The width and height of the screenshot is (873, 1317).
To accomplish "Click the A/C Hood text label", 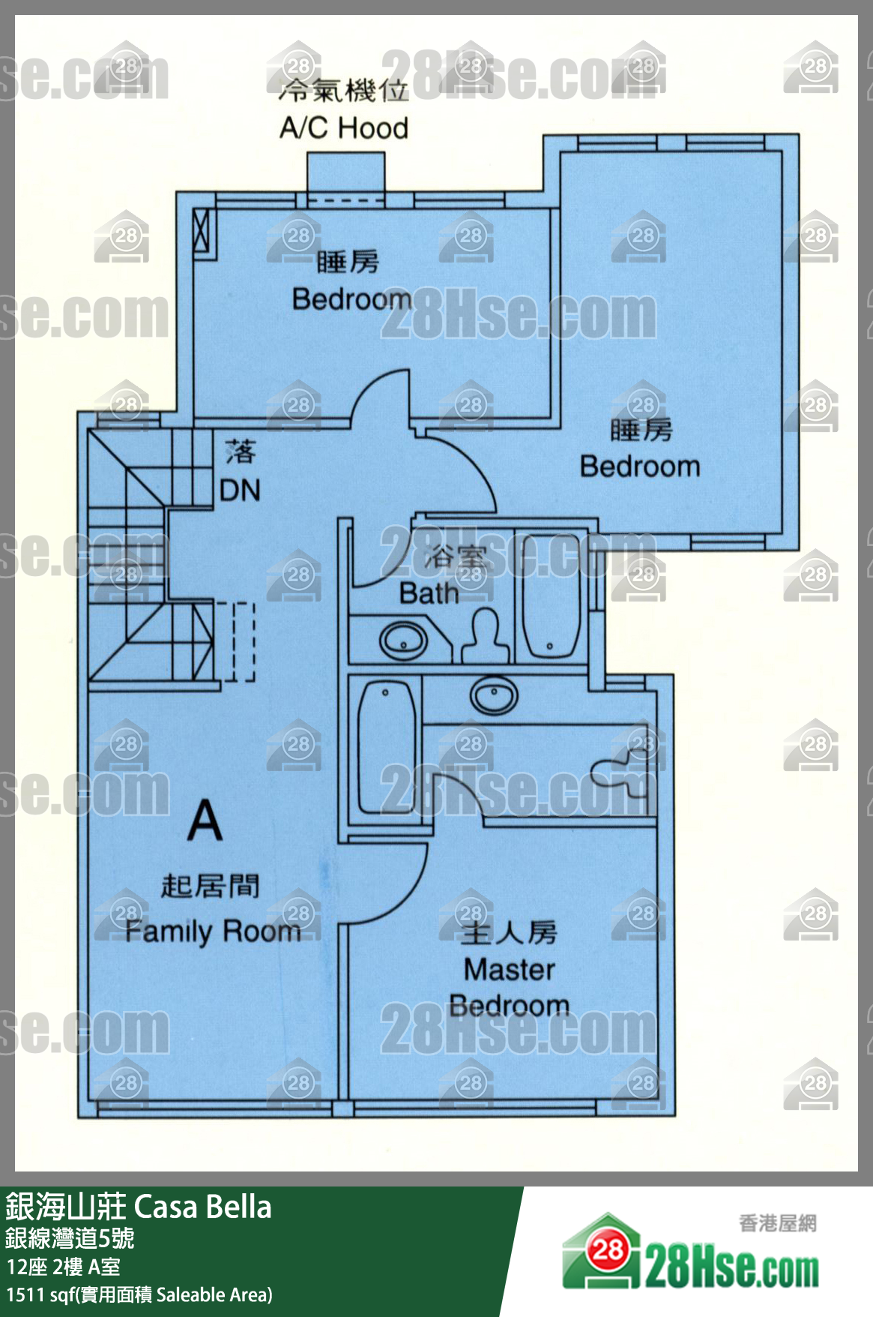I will click(344, 127).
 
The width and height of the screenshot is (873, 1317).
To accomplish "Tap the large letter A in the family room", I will click(205, 821).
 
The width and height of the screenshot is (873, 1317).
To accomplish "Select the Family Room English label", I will click(213, 931).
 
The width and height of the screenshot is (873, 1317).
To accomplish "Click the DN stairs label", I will click(240, 490).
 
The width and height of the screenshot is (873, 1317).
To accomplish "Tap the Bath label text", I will click(429, 593).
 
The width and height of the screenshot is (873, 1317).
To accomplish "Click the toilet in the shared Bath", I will click(486, 635).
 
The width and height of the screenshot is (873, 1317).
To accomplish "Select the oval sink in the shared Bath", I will click(403, 641).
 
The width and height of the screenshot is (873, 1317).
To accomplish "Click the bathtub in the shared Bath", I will click(551, 596).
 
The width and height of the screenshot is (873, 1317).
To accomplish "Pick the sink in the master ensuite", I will click(494, 694).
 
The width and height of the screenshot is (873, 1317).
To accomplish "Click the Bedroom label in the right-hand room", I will click(640, 466).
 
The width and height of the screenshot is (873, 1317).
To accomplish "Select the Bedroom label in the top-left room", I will click(351, 298).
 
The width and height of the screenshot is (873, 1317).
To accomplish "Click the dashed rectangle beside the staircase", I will click(244, 642).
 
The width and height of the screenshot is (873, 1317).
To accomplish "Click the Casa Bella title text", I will click(202, 1207).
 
